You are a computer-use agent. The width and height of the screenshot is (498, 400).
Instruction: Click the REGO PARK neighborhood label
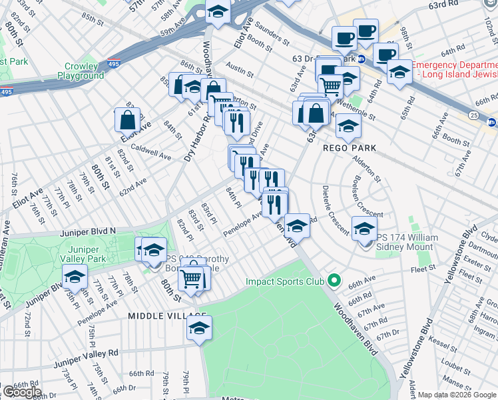click(x=350, y=147)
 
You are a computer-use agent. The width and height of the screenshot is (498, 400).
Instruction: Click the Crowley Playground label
click(x=85, y=71)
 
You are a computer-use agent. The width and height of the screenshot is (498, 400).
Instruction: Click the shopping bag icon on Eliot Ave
click(x=126, y=120)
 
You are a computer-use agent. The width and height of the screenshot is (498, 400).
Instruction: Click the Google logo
click(x=21, y=392)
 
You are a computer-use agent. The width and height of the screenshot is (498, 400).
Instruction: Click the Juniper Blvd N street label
click(x=88, y=231)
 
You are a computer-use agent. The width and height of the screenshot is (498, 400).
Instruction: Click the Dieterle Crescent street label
click(x=334, y=209)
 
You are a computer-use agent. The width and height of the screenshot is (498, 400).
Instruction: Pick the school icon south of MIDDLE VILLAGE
click(x=198, y=328)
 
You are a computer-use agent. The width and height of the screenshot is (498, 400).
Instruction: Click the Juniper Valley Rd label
click(x=86, y=356)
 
